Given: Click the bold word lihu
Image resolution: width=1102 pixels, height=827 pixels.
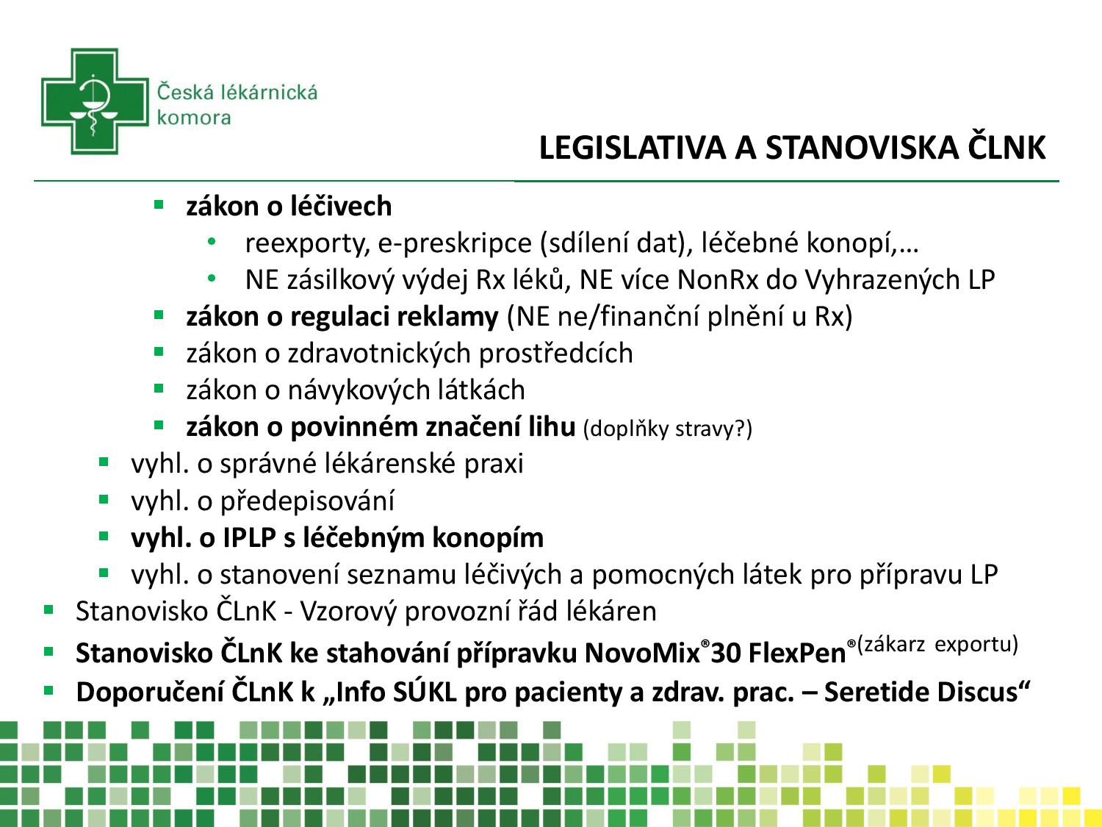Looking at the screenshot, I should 551,427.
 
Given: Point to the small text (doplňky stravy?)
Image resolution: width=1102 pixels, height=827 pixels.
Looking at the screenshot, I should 668,429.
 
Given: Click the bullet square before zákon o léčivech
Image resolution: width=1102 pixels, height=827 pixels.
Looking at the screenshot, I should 158,204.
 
